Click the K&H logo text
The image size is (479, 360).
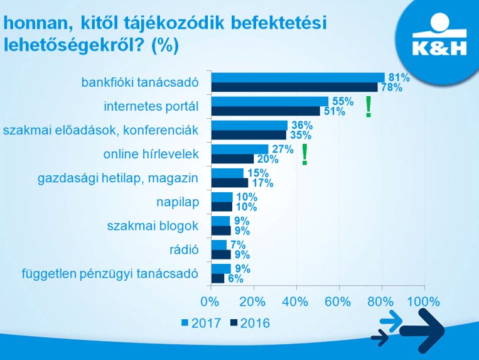click(x=436, y=48)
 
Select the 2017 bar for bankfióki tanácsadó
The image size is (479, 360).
click(x=298, y=78)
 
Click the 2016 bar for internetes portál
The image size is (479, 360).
click(x=266, y=111)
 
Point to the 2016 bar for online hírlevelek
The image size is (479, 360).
click(x=233, y=159)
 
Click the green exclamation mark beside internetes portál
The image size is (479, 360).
click(x=369, y=107)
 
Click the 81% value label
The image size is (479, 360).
click(x=398, y=78)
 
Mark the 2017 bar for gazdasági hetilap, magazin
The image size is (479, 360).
click(x=227, y=173)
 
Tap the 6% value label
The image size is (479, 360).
click(x=235, y=278)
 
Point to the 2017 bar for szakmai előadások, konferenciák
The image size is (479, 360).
click(x=249, y=126)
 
